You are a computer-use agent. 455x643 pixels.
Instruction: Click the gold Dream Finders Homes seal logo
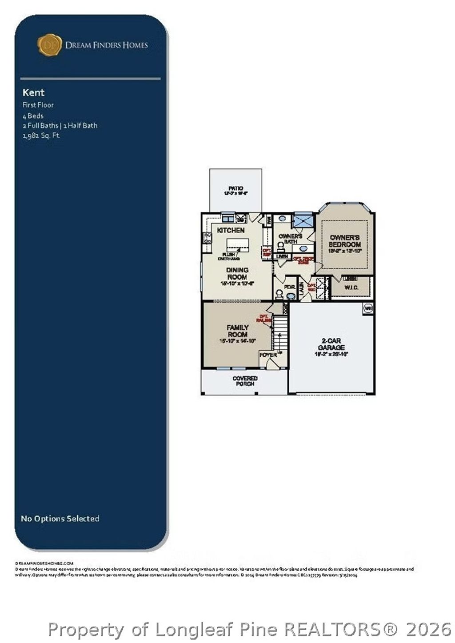click(x=49, y=45)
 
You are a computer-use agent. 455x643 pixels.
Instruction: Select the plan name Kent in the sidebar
click(x=33, y=92)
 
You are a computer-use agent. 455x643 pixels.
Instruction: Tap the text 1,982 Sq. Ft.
click(x=41, y=135)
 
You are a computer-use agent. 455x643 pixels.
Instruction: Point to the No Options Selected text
click(x=60, y=519)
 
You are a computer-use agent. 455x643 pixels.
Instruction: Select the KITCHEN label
click(x=231, y=230)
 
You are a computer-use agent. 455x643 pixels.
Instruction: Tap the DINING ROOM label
click(x=237, y=273)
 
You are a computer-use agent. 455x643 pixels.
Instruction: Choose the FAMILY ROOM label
click(x=237, y=331)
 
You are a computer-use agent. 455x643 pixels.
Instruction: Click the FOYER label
click(x=268, y=355)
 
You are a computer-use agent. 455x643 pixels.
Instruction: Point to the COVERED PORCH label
click(x=245, y=381)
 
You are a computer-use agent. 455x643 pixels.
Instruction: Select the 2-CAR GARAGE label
click(x=331, y=344)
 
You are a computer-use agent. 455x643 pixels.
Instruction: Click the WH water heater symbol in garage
click(x=368, y=308)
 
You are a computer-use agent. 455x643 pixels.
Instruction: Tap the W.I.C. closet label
click(x=351, y=288)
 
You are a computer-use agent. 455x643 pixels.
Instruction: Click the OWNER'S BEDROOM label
click(x=344, y=241)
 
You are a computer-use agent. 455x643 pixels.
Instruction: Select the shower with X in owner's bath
click(x=303, y=221)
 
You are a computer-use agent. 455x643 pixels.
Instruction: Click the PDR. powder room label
click(x=289, y=288)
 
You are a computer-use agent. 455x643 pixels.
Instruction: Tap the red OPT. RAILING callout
click(x=264, y=318)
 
